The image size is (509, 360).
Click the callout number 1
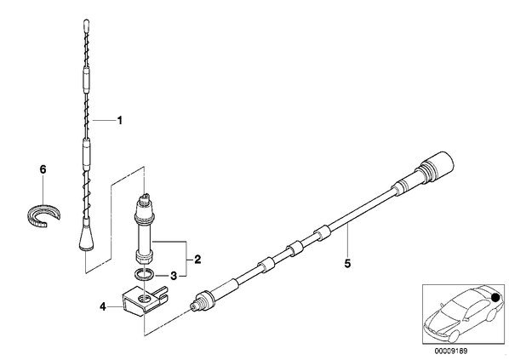pyautogui.click(x=120, y=121)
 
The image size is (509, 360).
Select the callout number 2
pyautogui.click(x=197, y=260)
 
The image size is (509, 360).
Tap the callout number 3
pyautogui.click(x=174, y=277)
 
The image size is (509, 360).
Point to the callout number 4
pyautogui.click(x=103, y=306)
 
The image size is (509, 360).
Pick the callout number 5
pyautogui.click(x=347, y=263)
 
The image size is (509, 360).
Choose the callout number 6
pyautogui.click(x=43, y=169)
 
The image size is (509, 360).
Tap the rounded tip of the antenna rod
pyautogui.click(x=86, y=24)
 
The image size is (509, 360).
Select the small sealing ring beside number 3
pyautogui.click(x=144, y=274)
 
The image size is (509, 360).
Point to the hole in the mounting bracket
pyautogui.click(x=144, y=299)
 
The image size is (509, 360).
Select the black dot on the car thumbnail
pyautogui.click(x=495, y=297)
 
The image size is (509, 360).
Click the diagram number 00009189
pyautogui.click(x=451, y=351)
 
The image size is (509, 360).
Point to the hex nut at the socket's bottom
pyautogui.click(x=143, y=259)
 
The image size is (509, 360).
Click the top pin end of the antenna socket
pyautogui.click(x=145, y=196)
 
